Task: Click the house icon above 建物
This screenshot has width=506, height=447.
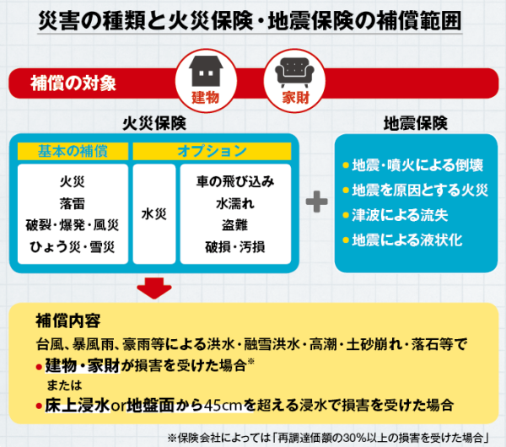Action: click(205, 67)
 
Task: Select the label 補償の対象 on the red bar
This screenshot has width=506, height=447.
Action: click(73, 83)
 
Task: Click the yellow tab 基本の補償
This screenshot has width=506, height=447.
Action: click(73, 151)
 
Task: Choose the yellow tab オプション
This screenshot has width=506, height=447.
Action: click(212, 151)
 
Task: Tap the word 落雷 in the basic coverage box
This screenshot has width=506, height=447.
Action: click(73, 202)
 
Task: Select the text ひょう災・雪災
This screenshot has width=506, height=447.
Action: click(73, 246)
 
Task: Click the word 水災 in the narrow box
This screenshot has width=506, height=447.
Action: click(153, 213)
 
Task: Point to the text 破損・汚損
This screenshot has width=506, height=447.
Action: click(234, 246)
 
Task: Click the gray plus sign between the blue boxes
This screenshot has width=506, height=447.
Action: click(317, 202)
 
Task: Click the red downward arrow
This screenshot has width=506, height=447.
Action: click(153, 288)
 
